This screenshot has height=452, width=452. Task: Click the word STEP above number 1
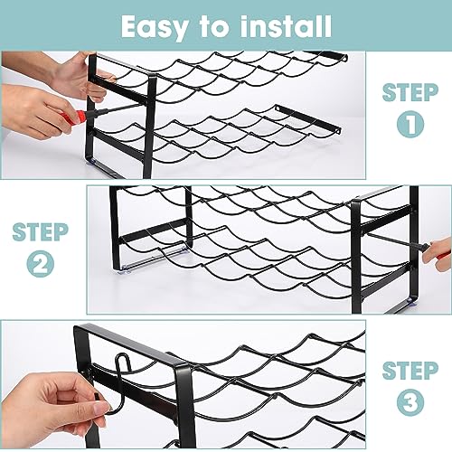point(410,92)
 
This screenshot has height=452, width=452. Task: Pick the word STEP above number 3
point(410,371)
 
